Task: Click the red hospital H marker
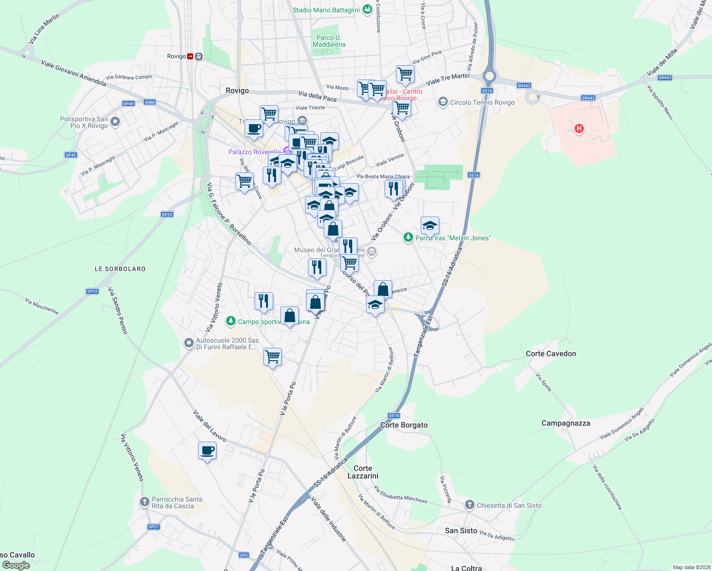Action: pos(579,128)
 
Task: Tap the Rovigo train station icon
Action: pos(190,57)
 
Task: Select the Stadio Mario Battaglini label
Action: pos(326,10)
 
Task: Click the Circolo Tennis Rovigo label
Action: pos(482,102)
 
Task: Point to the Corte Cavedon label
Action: pos(551,354)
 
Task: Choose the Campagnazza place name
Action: pos(565,423)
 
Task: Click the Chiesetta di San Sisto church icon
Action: pos(469,505)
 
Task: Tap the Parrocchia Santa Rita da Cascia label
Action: pos(177,502)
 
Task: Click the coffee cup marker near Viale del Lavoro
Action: pos(207,451)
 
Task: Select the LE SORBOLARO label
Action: pos(120,269)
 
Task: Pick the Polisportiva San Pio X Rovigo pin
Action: pos(115,122)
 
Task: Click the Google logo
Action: pos(16,565)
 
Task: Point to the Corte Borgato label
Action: pos(404,425)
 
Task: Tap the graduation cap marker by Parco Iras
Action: pos(430,226)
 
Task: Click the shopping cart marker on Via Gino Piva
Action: pos(405,74)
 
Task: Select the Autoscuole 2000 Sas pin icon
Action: pos(189,343)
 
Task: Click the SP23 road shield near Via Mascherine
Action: pos(92,291)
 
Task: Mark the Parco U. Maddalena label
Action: pos(329,41)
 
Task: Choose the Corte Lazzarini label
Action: pos(363,472)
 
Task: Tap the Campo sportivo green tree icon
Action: pos(231,321)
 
